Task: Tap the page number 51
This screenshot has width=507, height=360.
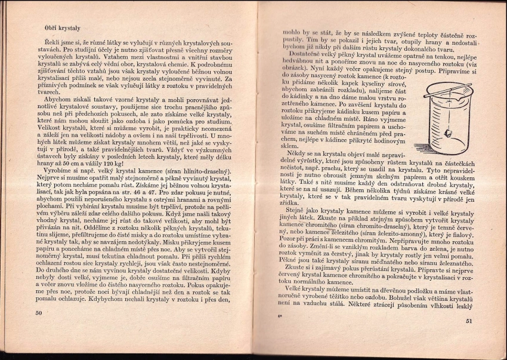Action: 469,322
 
